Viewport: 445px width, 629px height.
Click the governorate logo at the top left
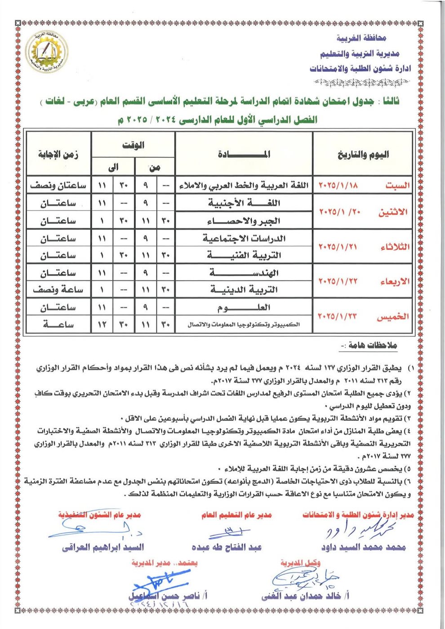click(x=47, y=53)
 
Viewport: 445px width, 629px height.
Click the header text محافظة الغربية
click(x=361, y=38)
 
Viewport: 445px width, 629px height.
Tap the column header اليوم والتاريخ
click(x=363, y=155)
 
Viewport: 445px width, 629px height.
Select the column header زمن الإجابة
click(x=58, y=155)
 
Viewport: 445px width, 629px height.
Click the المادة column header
click(x=244, y=155)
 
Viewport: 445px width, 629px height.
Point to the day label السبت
click(x=397, y=186)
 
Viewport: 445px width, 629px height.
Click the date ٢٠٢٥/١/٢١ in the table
click(x=338, y=247)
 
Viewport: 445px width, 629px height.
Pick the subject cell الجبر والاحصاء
click(x=244, y=221)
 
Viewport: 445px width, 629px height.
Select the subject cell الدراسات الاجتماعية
click(x=244, y=238)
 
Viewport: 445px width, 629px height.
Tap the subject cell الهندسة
click(x=244, y=273)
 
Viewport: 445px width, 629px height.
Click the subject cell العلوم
click(x=244, y=308)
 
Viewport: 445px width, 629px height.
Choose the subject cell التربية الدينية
click(x=244, y=290)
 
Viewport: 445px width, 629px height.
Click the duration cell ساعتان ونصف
click(x=58, y=186)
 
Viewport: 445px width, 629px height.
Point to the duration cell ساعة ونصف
click(x=58, y=290)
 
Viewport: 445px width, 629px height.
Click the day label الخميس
click(x=393, y=317)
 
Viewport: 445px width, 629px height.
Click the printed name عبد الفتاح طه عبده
click(x=227, y=547)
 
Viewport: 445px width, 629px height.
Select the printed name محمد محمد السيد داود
click(x=363, y=547)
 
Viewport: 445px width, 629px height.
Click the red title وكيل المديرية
click(x=300, y=563)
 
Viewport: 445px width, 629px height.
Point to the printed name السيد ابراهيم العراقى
click(x=103, y=547)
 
